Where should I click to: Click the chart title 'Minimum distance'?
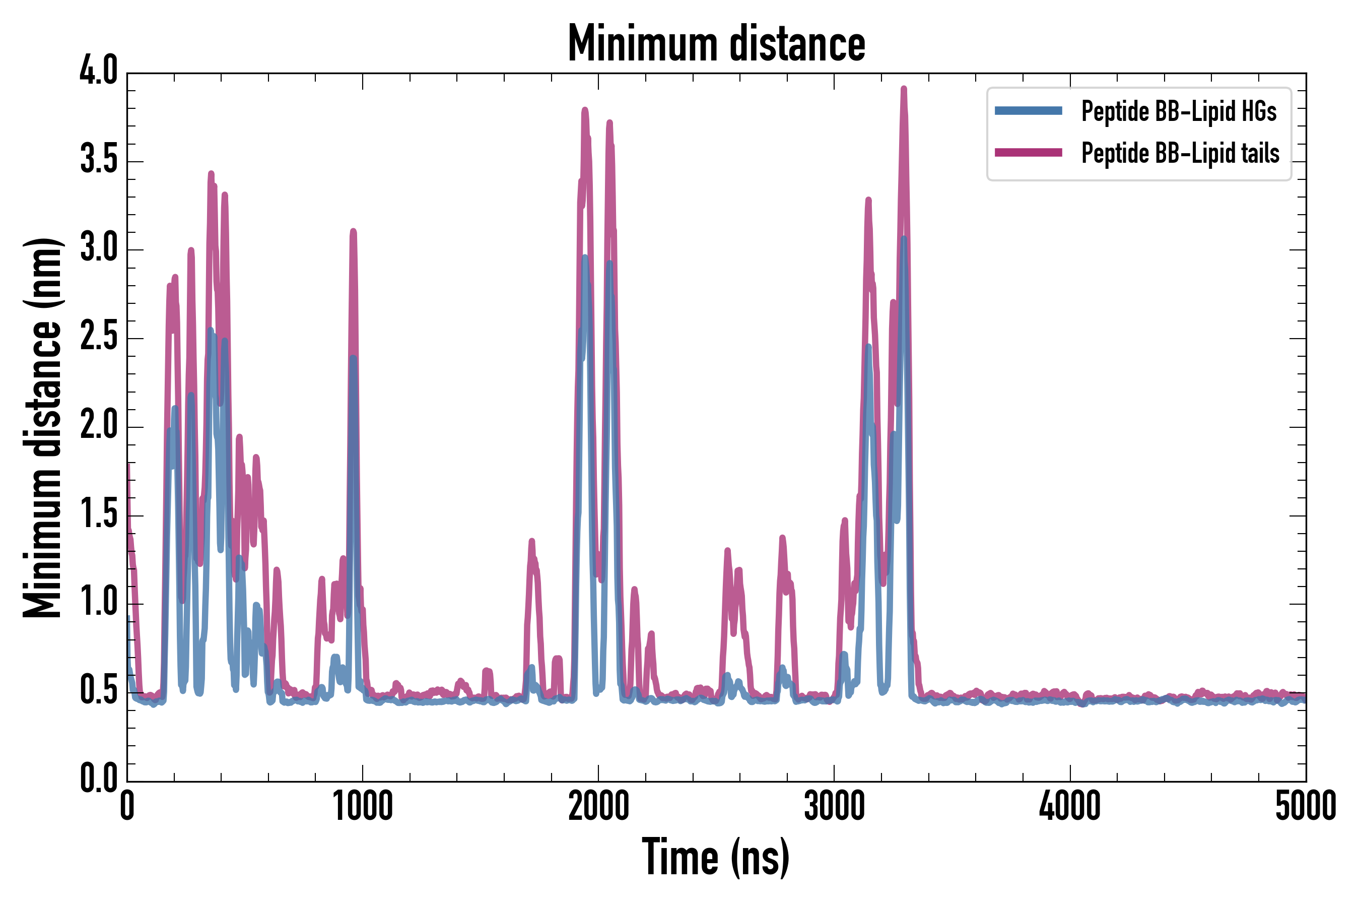tap(716, 43)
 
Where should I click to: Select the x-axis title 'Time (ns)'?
tap(715, 857)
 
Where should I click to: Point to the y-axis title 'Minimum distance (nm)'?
tap(42, 428)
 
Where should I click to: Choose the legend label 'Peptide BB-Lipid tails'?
tap(1180, 153)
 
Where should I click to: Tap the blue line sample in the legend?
tap(1028, 111)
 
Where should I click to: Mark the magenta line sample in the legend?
tap(1028, 153)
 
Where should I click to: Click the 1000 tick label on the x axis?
tap(363, 806)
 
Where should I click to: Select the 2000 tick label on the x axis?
tap(598, 806)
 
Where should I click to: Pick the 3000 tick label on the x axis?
tap(835, 806)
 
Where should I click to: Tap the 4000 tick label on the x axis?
tap(1070, 806)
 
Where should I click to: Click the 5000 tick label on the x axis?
tap(1306, 806)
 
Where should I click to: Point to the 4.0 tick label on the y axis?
tap(98, 71)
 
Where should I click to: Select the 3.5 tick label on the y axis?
tap(98, 159)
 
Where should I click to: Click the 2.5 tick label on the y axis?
tap(98, 336)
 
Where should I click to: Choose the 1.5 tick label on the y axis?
tap(98, 513)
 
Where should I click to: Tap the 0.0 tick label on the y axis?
tap(98, 778)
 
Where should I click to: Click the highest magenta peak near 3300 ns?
tap(904, 89)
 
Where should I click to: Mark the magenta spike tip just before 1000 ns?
tap(353, 231)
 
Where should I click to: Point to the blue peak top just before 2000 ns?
tap(585, 257)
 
